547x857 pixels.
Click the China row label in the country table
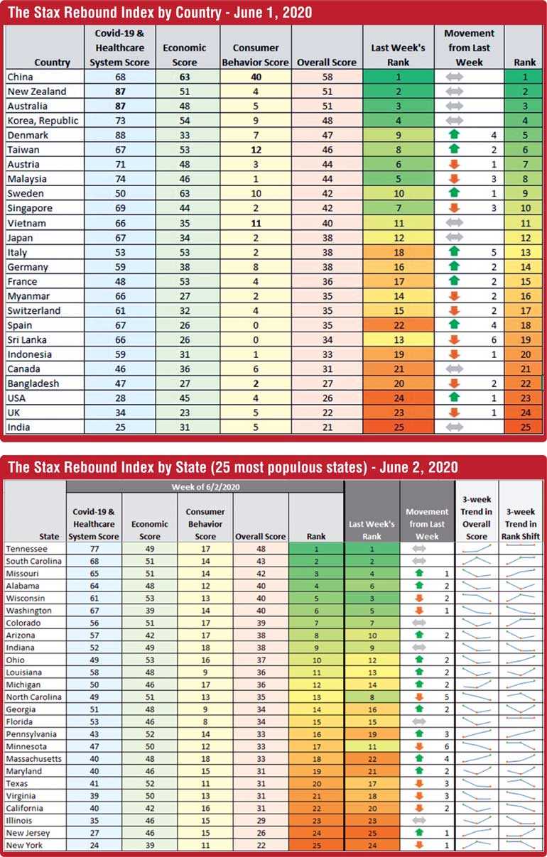click(21, 77)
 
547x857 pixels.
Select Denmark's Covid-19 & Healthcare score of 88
click(120, 136)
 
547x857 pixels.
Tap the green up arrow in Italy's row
click(454, 252)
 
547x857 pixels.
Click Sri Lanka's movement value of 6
click(494, 339)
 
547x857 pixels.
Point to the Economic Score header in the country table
click(185, 55)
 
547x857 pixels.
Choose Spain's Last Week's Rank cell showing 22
click(399, 325)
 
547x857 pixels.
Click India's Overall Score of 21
click(327, 427)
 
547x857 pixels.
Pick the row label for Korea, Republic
click(43, 121)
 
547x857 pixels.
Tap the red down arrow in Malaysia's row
click(454, 179)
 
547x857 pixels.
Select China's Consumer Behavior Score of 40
click(256, 77)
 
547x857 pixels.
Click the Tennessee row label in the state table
click(27, 549)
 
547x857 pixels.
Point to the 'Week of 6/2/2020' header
click(205, 487)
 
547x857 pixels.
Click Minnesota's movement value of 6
click(447, 746)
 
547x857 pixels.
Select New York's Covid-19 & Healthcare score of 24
click(94, 845)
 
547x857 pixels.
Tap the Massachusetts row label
click(33, 759)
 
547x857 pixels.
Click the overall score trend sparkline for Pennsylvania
click(477, 733)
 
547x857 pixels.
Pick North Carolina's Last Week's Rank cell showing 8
click(372, 697)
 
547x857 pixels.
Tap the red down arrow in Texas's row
click(419, 783)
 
